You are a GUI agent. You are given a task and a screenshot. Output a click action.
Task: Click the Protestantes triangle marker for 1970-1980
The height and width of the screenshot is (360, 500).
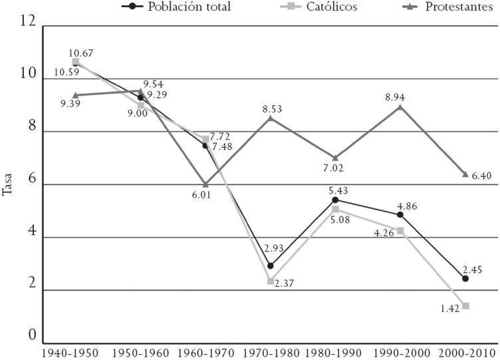tap(271, 118)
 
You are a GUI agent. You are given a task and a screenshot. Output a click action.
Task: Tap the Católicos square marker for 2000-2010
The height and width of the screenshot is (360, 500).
tap(465, 305)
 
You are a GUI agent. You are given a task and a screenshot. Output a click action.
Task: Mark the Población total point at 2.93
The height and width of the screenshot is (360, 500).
tap(270, 266)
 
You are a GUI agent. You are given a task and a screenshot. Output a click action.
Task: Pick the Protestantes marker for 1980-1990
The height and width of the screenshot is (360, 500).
tap(335, 158)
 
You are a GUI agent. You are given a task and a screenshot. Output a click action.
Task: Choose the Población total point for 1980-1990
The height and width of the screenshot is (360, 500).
tap(335, 200)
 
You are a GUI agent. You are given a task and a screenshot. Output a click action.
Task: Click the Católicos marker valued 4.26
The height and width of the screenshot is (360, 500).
tap(400, 230)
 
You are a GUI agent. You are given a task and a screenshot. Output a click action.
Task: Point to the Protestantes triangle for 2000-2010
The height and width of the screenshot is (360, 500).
tap(465, 174)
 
